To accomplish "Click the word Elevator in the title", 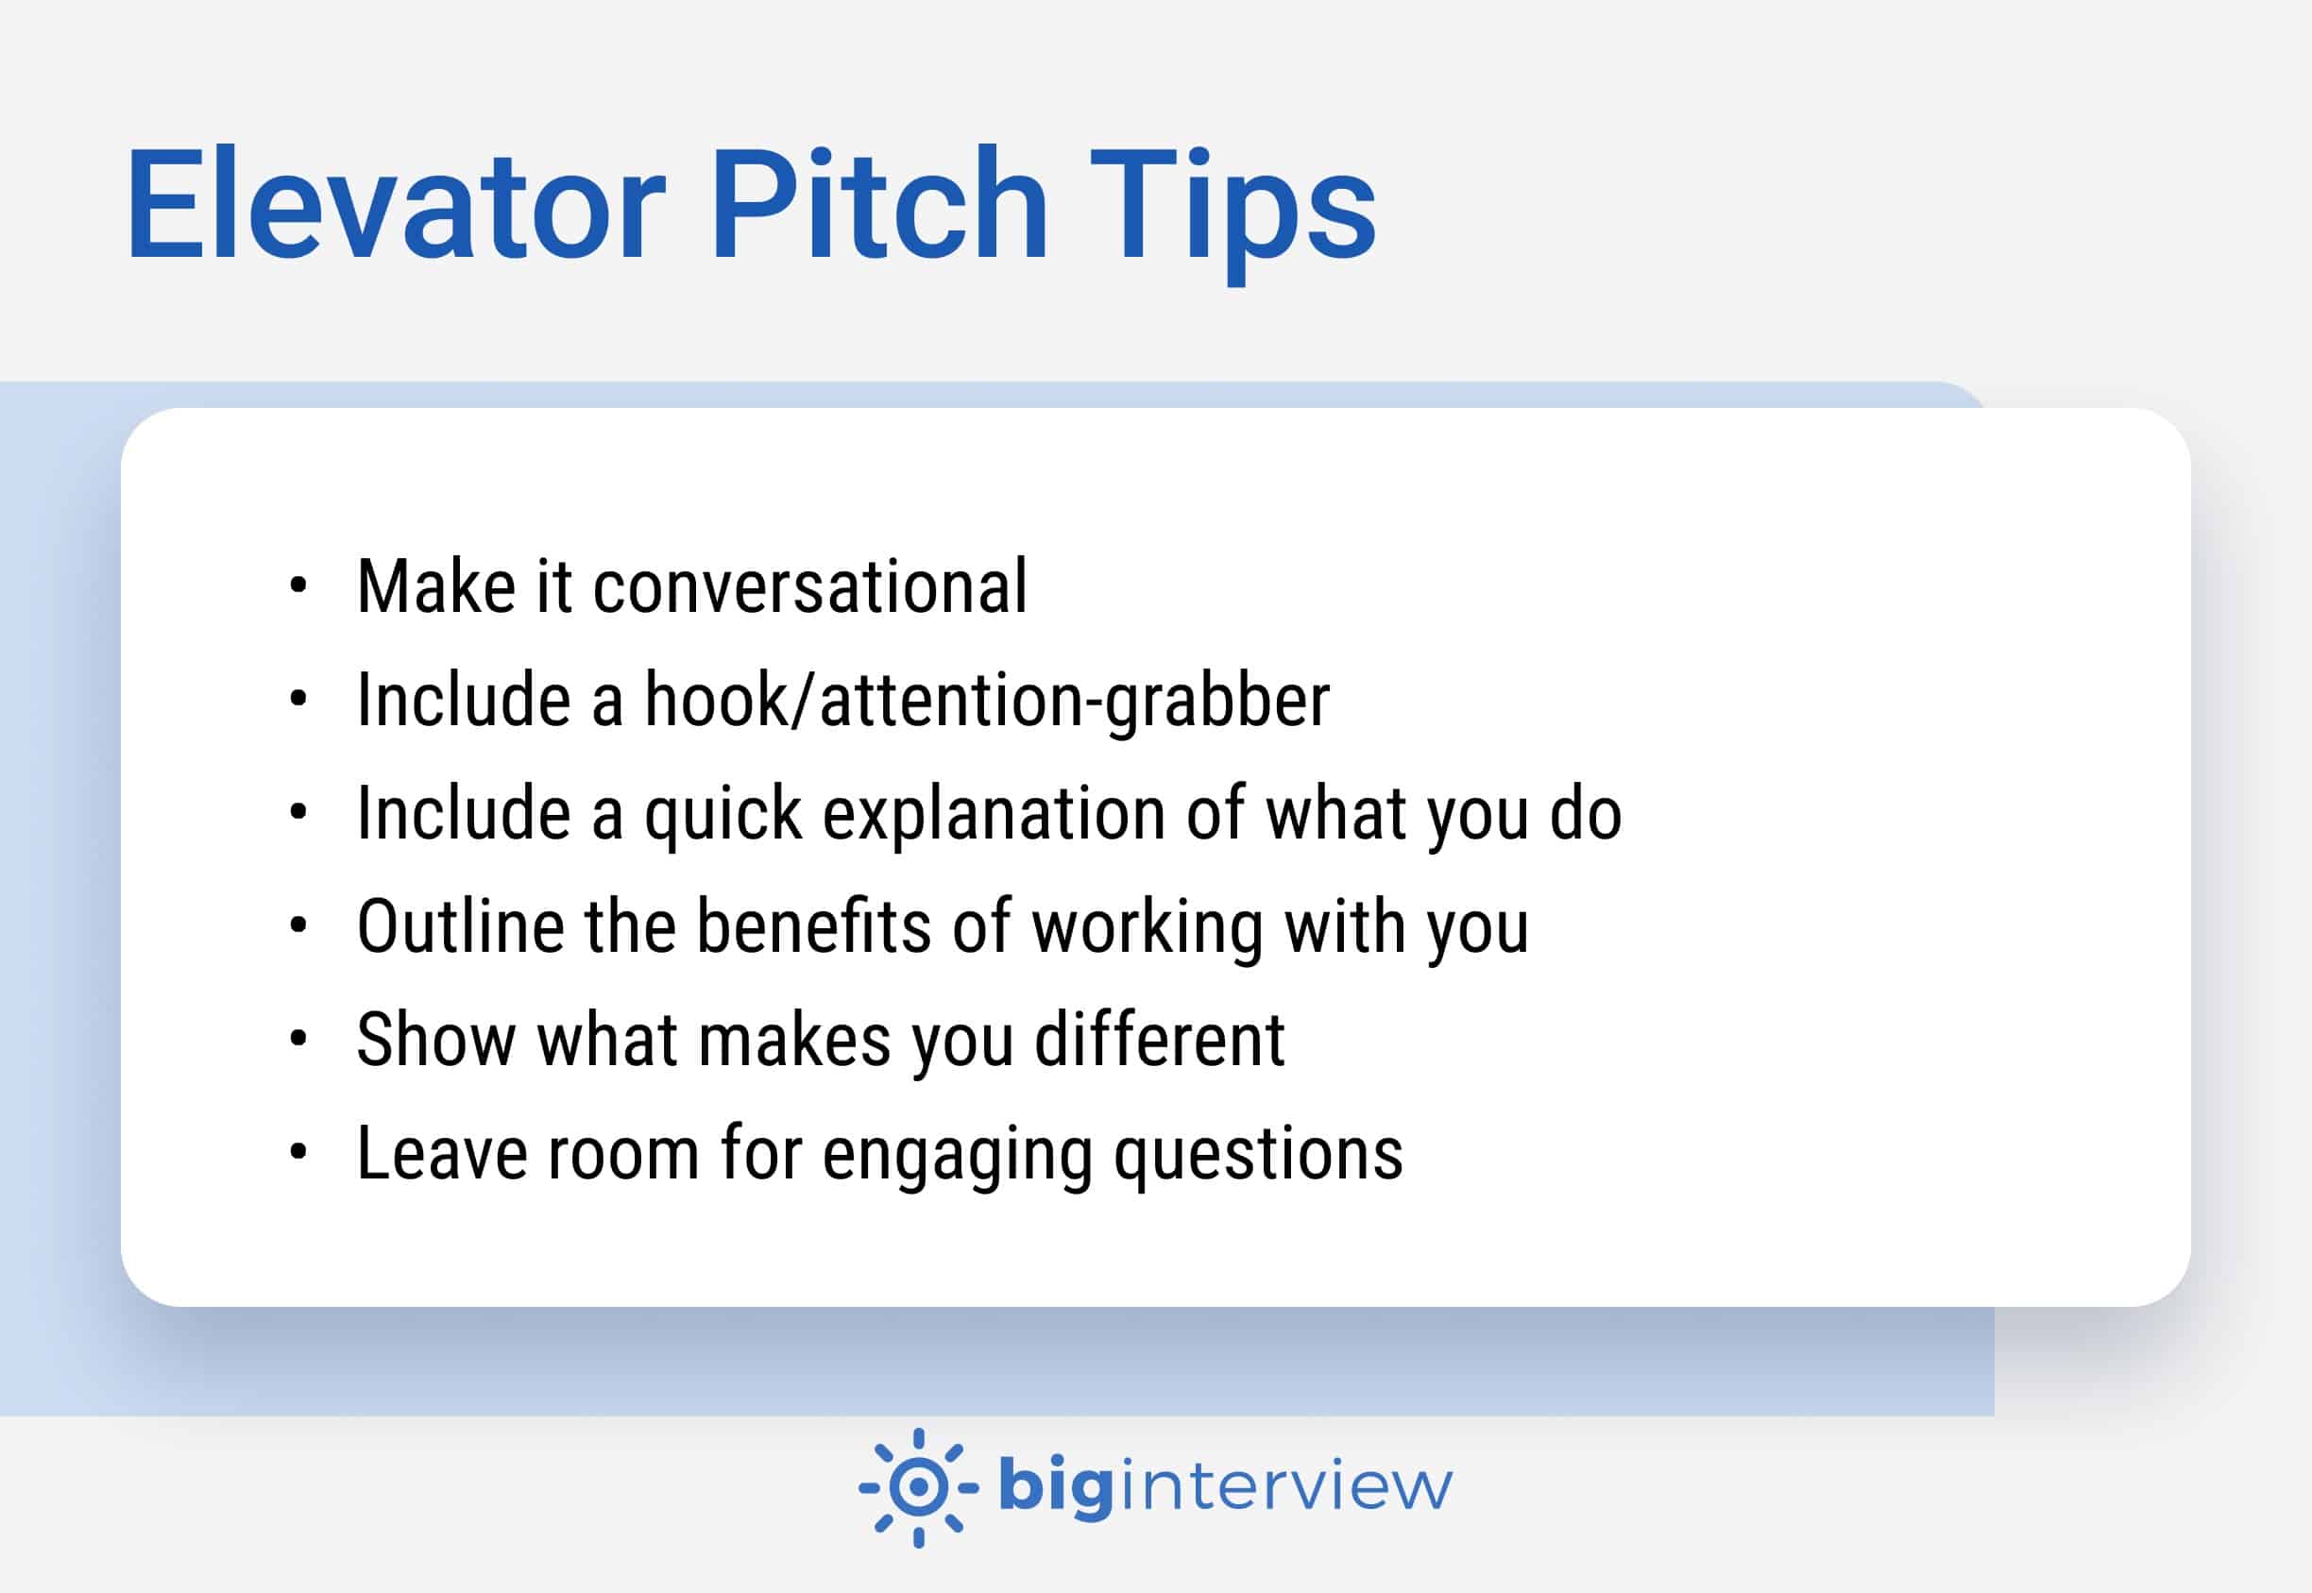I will [395, 206].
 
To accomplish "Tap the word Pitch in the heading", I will [877, 206].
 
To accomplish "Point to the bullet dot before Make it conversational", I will [297, 585].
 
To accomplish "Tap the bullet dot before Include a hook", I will [297, 700].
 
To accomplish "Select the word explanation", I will [994, 815].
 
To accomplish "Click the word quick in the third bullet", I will [722, 815].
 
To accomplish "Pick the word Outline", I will [460, 926].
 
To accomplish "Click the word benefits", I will [813, 926].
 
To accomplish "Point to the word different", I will [1159, 1040].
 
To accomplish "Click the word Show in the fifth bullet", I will [435, 1040].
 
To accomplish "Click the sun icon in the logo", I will [918, 1488].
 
